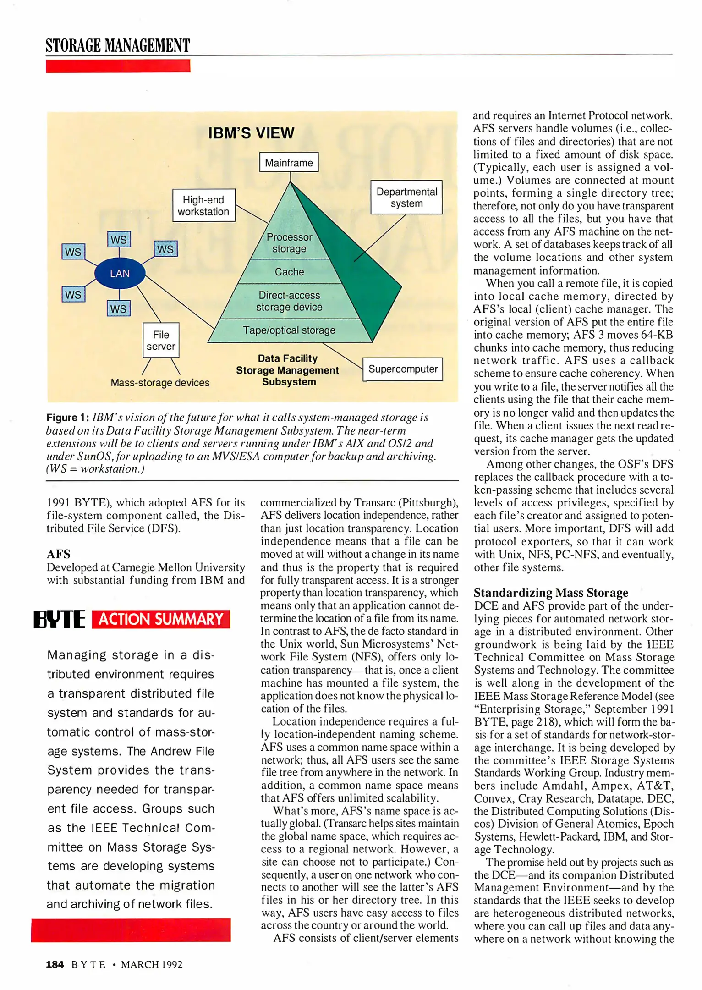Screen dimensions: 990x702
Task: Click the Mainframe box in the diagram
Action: coord(289,162)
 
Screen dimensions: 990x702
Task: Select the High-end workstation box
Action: coord(204,205)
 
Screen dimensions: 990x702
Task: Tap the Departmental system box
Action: coord(406,198)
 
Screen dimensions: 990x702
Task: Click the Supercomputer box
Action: coord(403,369)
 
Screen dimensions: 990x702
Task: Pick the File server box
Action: coord(161,341)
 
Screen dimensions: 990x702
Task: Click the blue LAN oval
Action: coord(120,273)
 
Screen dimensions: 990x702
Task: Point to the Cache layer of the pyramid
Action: coord(289,272)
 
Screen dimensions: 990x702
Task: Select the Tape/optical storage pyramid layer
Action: coord(289,330)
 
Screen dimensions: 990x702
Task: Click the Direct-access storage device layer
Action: coord(289,301)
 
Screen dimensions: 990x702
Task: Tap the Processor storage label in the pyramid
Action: coord(289,243)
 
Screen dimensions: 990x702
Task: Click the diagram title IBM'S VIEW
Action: coord(251,133)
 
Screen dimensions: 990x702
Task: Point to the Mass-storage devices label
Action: coord(160,383)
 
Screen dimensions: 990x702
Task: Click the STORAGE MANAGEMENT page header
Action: coord(118,46)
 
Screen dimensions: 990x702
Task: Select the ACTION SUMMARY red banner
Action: coord(161,619)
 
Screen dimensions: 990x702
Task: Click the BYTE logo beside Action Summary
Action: coord(60,619)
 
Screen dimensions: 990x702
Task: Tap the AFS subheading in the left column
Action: coord(59,554)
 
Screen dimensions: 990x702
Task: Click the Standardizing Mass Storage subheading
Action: coord(551,593)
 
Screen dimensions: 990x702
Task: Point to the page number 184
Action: coord(55,964)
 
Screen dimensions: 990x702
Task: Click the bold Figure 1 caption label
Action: coord(67,418)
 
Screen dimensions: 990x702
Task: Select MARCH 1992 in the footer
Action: coord(152,964)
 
